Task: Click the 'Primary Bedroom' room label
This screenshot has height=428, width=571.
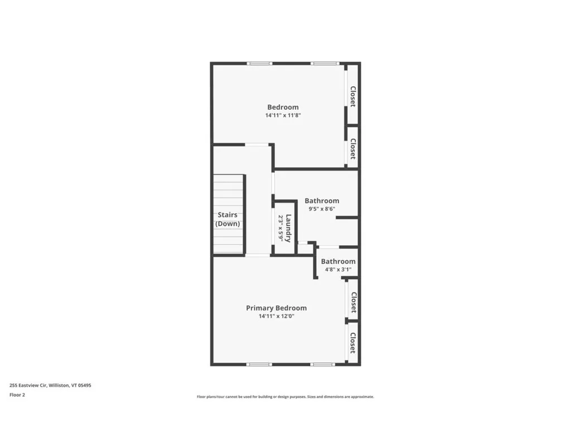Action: (x=276, y=308)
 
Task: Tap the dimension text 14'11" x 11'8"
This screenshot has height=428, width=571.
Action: (x=283, y=115)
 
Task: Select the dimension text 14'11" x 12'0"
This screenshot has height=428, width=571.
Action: (x=276, y=316)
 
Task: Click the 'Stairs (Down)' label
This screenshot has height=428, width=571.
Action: (x=228, y=219)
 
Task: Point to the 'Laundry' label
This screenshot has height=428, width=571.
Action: (x=288, y=228)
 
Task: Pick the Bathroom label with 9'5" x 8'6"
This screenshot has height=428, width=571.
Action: (x=321, y=201)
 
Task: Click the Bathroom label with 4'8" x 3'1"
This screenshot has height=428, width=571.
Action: (x=338, y=261)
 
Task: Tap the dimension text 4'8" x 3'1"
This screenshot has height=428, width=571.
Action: (x=338, y=270)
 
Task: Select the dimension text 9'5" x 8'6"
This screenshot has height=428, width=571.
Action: (x=321, y=209)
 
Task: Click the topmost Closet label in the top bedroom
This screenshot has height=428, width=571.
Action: (x=352, y=96)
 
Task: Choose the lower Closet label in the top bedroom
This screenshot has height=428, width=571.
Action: (x=352, y=149)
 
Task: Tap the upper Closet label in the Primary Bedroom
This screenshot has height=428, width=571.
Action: (x=352, y=301)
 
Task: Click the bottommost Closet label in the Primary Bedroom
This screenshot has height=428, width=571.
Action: (x=352, y=343)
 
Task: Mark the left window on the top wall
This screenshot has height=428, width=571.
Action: (x=260, y=64)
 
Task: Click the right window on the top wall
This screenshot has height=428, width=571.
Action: (x=322, y=64)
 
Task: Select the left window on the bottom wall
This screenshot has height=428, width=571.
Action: (x=260, y=364)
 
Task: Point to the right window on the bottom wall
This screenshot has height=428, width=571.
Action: (x=322, y=364)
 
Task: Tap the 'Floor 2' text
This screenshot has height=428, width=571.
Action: (x=17, y=395)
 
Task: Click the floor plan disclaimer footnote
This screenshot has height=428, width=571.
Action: (x=285, y=397)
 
